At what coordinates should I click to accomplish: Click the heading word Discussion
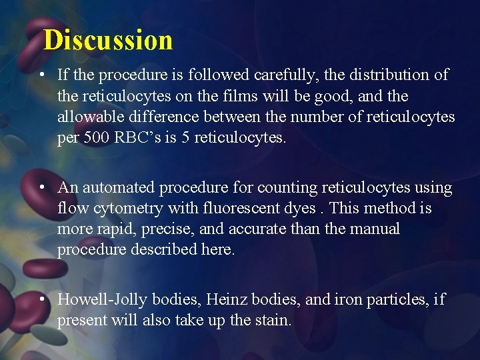point(108,40)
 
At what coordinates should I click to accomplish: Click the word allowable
point(92,117)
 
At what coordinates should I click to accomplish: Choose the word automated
point(114,188)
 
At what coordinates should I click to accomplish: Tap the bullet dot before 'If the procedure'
point(42,75)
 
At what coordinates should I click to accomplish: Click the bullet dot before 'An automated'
point(42,188)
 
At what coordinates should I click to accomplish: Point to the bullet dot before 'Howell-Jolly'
point(42,300)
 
